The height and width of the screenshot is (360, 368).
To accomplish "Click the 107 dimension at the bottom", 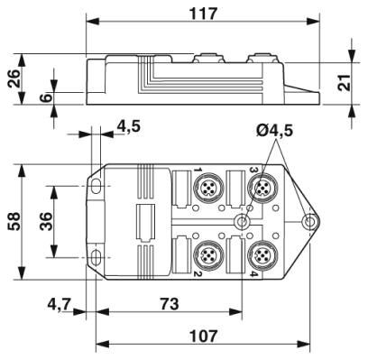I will click(206, 336).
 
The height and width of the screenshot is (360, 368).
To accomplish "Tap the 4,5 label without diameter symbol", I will click(130, 127).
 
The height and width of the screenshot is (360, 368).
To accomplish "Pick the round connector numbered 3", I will click(263, 188).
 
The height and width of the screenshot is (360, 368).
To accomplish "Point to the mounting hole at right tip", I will click(309, 221).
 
